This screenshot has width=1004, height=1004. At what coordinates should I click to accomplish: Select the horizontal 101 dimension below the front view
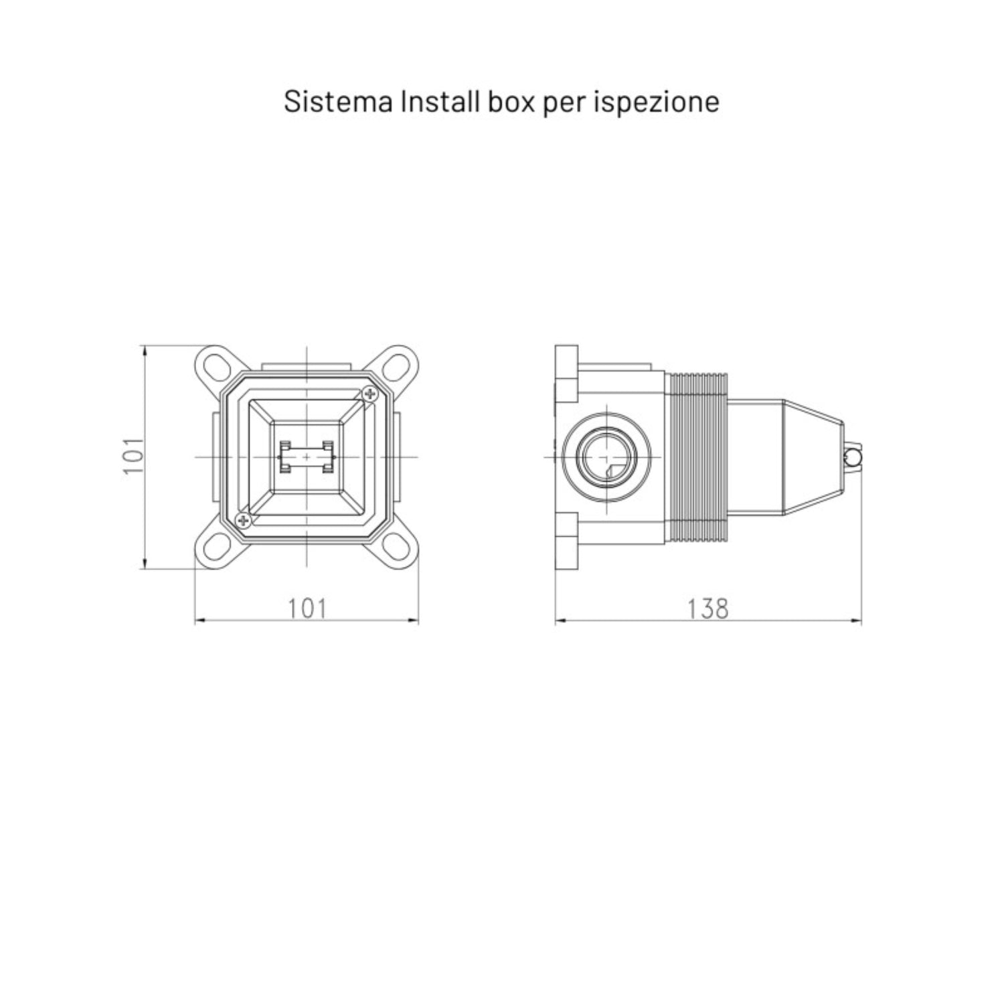[307, 608]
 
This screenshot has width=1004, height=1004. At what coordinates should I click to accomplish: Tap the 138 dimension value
[707, 608]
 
